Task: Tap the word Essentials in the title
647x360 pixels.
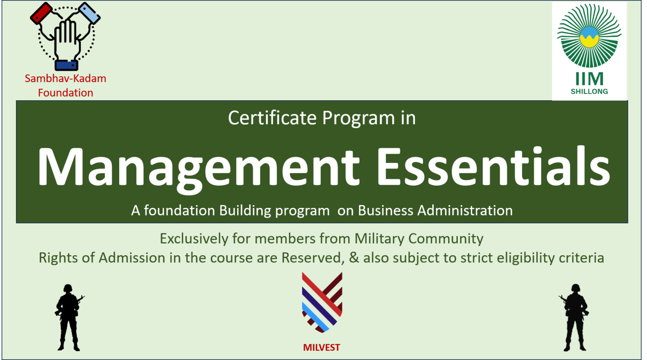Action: [493, 166]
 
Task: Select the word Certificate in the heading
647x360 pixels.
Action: [272, 118]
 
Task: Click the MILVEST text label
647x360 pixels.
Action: [321, 348]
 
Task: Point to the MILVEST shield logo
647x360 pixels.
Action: [322, 301]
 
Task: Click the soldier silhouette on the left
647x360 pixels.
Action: [69, 317]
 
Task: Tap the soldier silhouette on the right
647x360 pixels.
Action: [575, 317]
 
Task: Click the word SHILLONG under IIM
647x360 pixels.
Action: [589, 91]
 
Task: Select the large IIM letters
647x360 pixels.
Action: [589, 79]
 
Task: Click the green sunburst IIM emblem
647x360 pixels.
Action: [589, 36]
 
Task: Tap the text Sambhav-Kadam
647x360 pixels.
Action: [65, 79]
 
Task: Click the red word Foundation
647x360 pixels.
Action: [65, 93]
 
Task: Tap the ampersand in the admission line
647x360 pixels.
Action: [354, 258]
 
